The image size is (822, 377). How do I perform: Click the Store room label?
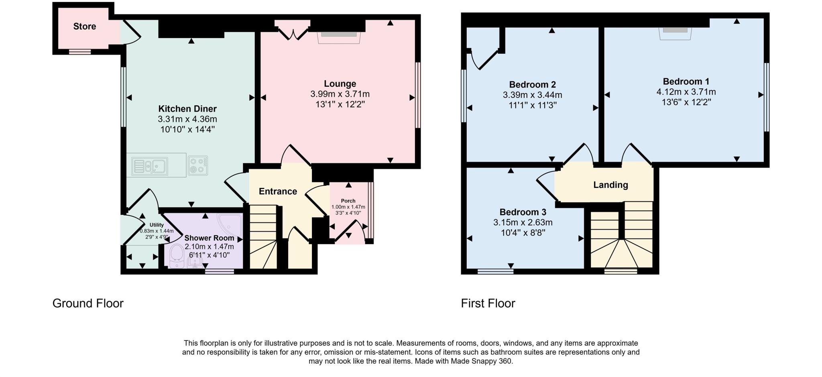84,26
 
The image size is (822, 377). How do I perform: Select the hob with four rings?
197,165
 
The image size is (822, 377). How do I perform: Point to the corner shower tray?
231,224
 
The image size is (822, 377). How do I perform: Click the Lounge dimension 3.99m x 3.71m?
340,94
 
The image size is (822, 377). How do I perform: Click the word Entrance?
278,192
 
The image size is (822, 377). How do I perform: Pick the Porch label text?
348,201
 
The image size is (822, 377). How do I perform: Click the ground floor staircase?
263,237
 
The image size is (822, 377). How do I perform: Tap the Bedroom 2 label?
532,85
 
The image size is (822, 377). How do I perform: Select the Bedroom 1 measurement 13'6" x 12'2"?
686,102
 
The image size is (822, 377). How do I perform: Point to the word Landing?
610,185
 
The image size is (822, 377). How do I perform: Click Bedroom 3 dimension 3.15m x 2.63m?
523,222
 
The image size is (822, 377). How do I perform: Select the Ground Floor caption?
88,304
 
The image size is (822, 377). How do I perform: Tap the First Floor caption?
488,304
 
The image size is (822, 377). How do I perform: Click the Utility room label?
157,225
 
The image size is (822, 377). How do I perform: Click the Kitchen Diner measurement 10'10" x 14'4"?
187,129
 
